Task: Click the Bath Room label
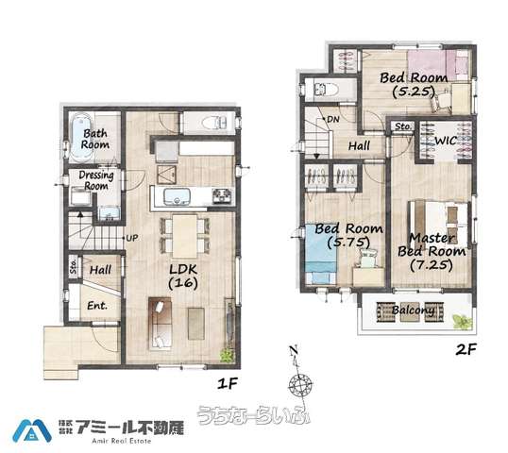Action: click(x=95, y=139)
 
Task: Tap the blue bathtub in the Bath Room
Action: click(x=80, y=137)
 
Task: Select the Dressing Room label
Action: click(x=96, y=180)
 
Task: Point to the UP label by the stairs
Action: click(x=132, y=238)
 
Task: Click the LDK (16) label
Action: click(x=183, y=277)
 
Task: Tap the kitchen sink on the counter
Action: click(x=177, y=196)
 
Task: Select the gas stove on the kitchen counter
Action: click(x=222, y=196)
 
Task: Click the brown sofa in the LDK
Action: click(x=160, y=323)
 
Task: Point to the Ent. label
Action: click(x=97, y=306)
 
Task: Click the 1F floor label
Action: click(x=228, y=383)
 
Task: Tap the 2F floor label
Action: click(x=466, y=349)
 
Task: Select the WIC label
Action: click(x=446, y=141)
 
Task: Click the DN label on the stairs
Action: click(x=332, y=120)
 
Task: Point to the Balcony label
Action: click(x=413, y=310)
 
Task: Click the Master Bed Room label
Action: click(x=432, y=251)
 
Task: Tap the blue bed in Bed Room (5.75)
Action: click(x=321, y=254)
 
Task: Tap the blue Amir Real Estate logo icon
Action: click(x=32, y=430)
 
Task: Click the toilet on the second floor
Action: click(x=327, y=89)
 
